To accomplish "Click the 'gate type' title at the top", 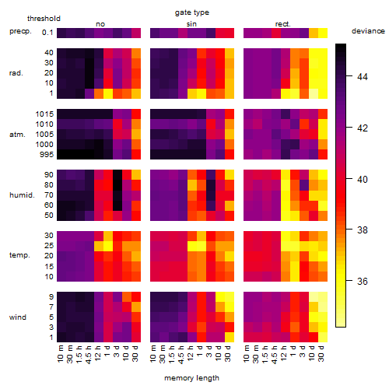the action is [x=192, y=12].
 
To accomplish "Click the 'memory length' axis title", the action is [x=191, y=378].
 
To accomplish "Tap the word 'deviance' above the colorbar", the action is [x=368, y=31].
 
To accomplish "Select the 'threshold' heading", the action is [x=44, y=19].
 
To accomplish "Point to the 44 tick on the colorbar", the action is [x=363, y=76].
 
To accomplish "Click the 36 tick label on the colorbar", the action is [x=363, y=282].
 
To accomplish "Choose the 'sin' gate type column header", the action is [x=191, y=24].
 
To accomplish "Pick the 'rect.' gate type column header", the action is [x=282, y=24].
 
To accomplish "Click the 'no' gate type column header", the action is [x=100, y=24].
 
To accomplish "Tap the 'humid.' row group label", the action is [x=22, y=195].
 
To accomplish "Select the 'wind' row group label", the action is [x=18, y=317].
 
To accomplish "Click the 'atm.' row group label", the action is [x=17, y=135].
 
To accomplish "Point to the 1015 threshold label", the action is [x=44, y=114].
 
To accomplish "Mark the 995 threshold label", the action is [x=47, y=155].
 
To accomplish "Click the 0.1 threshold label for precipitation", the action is [x=47, y=33].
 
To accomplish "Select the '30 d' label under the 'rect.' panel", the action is [x=321, y=353].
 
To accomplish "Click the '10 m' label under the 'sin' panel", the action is [x=153, y=353].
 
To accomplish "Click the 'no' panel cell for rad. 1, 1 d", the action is [x=108, y=93].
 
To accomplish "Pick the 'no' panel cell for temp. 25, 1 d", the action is [x=108, y=246].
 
